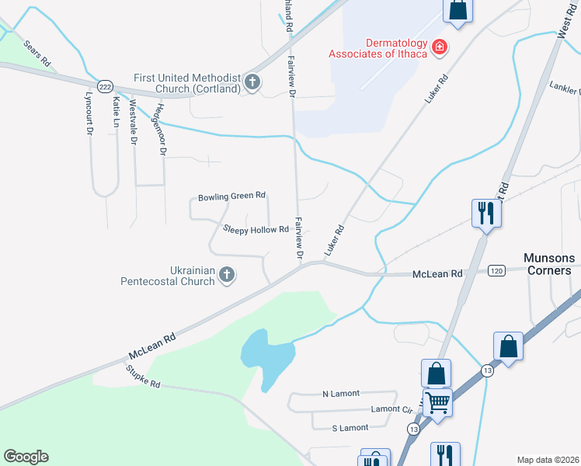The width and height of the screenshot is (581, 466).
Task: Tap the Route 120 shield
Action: click(x=496, y=271)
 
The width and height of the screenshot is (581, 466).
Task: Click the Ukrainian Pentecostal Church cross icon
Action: click(x=227, y=275)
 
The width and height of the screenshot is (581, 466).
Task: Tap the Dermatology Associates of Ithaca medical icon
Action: click(x=440, y=47)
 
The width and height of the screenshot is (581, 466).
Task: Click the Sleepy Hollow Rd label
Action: click(x=256, y=229)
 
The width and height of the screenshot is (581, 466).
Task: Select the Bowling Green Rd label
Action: click(x=231, y=196)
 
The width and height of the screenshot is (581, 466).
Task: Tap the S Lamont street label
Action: click(x=350, y=428)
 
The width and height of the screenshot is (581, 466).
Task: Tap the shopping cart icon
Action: click(x=438, y=403)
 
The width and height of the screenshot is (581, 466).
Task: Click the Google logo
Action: click(x=26, y=457)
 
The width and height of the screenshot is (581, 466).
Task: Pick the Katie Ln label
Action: click(x=117, y=112)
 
